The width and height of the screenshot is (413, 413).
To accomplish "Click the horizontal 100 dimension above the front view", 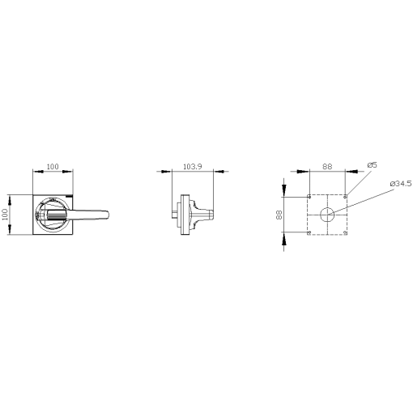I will point(53,166).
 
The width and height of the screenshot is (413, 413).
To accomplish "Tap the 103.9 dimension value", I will point(192,166).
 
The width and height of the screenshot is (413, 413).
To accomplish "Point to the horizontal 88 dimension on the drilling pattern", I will point(327,166).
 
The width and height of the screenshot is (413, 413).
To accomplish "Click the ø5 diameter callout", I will point(372,165).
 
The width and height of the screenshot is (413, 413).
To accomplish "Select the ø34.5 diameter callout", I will point(401,185).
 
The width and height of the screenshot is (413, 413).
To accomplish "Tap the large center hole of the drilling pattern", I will point(327,215).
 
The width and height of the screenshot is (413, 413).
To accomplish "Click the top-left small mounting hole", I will point(309,197).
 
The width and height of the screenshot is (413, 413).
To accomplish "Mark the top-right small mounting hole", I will point(346,197).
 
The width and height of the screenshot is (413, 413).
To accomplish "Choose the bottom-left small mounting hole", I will point(309,233).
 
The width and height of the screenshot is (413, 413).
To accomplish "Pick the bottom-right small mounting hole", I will point(346,233).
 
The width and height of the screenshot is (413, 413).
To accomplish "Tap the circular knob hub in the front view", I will point(51,215).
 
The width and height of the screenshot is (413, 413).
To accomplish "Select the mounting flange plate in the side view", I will point(187,215).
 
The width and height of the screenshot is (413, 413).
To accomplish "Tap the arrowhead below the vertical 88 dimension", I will point(284,241).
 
